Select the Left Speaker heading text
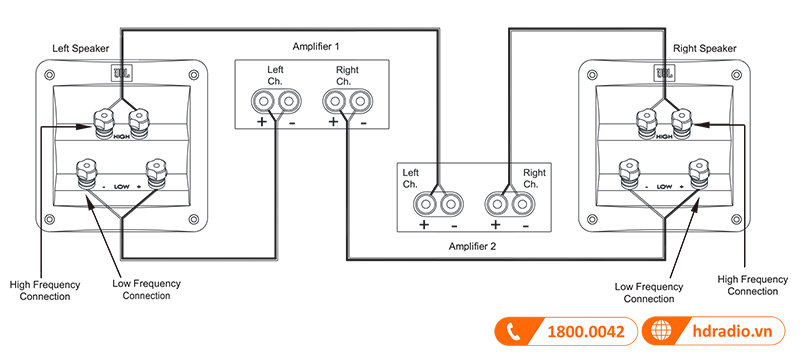pyautogui.click(x=84, y=47)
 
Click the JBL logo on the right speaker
pyautogui.click(x=663, y=72)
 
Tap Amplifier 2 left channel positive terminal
pyautogui.click(x=428, y=204)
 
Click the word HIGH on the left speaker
pyautogui.click(x=121, y=136)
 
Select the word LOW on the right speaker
pyautogui.click(x=665, y=186)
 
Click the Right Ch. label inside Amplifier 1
pyautogui.click(x=347, y=75)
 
